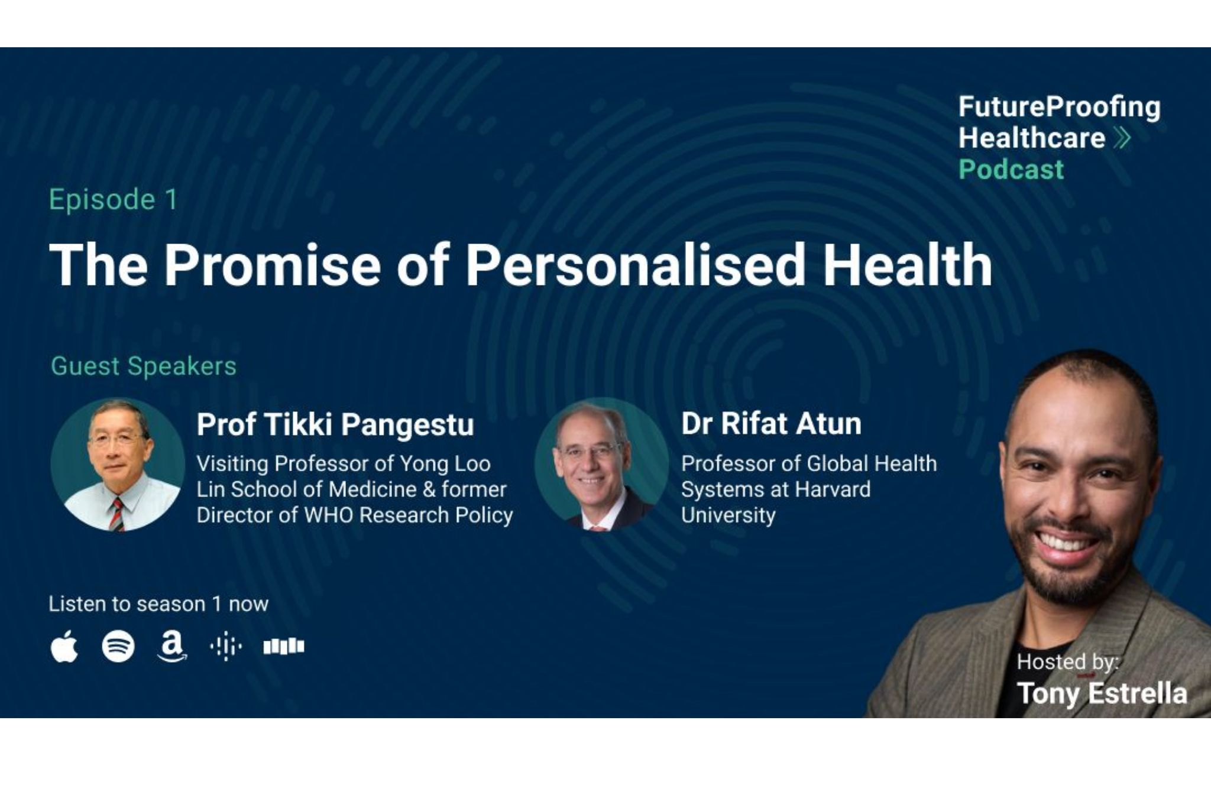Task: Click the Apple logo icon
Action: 64,646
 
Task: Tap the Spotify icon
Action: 118,646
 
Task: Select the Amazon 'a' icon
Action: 172,646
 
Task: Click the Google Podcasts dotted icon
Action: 226,646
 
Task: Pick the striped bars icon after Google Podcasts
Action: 284,646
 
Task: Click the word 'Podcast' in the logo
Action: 1011,169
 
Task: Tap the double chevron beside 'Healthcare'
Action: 1122,138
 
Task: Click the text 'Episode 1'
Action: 113,199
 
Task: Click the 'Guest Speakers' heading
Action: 144,366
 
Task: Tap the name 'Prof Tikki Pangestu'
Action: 335,424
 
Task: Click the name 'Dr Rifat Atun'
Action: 771,423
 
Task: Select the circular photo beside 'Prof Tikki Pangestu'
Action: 118,465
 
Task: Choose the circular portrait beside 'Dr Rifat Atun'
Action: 601,465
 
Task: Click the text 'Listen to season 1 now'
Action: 158,604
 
